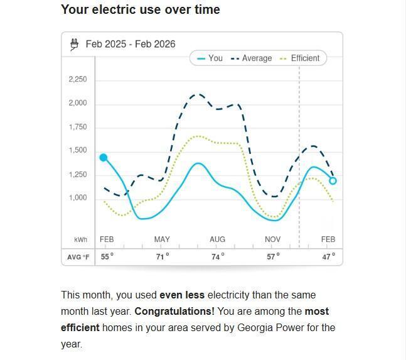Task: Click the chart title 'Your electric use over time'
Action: (141, 9)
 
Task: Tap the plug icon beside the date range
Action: (75, 44)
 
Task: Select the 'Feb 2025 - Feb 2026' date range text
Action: (131, 44)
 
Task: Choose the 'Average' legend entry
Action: (252, 58)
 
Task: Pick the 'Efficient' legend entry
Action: (300, 58)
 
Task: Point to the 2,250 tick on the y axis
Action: (78, 80)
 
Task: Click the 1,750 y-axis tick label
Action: (78, 127)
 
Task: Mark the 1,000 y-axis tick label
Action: (78, 198)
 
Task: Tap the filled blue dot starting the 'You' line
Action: (104, 158)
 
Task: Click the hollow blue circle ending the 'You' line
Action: (333, 181)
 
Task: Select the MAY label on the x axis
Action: (162, 239)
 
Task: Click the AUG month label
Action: (217, 239)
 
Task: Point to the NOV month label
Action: (273, 239)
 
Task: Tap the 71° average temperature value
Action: (163, 257)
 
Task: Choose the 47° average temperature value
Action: (329, 257)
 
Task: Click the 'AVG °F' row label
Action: (78, 257)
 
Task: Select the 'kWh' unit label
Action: (80, 240)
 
